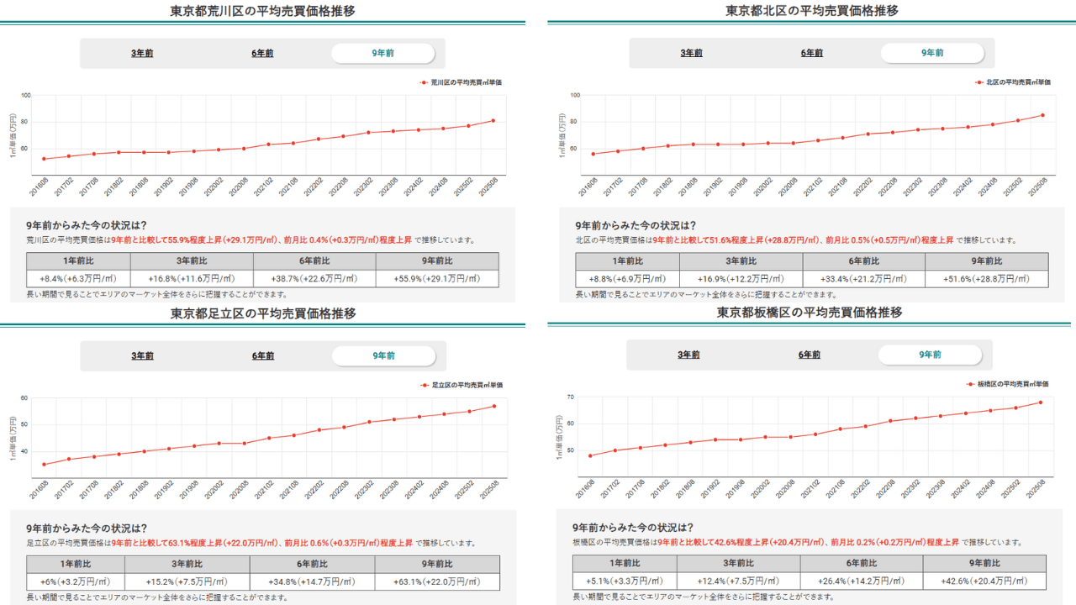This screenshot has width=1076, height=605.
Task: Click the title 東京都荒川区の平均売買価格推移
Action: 262,11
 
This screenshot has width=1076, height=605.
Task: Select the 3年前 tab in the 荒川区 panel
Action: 142,53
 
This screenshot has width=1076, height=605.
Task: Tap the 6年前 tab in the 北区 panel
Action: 812,53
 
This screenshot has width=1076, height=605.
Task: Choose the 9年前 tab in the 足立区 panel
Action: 383,355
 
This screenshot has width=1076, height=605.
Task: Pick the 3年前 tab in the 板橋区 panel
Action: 689,355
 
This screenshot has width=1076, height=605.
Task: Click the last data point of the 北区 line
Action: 1042,115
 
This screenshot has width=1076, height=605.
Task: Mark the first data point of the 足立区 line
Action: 44,464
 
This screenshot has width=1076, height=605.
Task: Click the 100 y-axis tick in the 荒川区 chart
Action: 25,95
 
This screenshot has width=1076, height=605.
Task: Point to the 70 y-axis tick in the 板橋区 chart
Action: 570,397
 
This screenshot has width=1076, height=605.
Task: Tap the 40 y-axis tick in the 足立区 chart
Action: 24,451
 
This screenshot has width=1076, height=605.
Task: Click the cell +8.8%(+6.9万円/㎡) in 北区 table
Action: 627,279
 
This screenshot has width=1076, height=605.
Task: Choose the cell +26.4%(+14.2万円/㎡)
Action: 861,581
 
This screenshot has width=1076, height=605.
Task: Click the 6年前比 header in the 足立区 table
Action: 312,564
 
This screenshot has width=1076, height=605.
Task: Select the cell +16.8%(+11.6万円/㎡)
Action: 192,279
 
